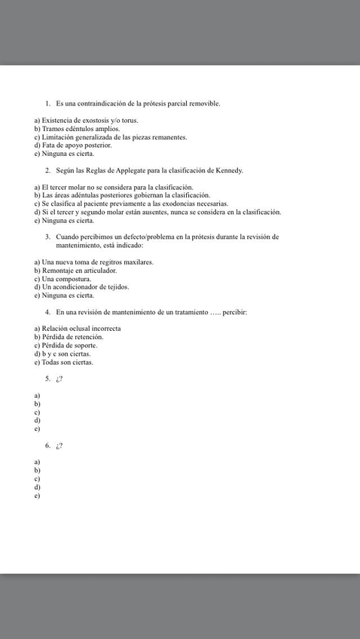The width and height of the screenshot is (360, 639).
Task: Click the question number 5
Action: (x=47, y=378)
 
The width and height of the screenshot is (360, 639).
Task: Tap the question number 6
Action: (x=47, y=445)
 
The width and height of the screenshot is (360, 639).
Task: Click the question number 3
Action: (x=47, y=237)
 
